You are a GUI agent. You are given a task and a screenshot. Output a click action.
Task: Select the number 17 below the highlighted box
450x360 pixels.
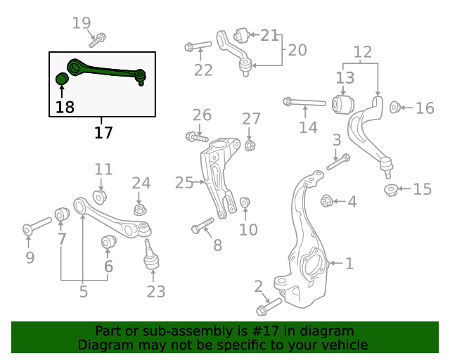pyautogui.click(x=103, y=132)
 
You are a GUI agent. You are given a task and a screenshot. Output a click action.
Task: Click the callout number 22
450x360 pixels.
pyautogui.click(x=203, y=69)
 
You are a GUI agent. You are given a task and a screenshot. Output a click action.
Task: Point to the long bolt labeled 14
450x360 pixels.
pyautogui.click(x=304, y=103)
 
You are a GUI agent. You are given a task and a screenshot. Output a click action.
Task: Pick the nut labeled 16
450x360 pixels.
pyautogui.click(x=395, y=108)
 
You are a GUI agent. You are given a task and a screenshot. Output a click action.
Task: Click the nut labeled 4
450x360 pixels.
pyautogui.click(x=326, y=201)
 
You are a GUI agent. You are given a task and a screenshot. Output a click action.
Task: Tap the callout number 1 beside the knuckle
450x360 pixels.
pyautogui.click(x=349, y=264)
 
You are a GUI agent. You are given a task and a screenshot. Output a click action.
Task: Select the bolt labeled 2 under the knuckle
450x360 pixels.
pyautogui.click(x=268, y=307)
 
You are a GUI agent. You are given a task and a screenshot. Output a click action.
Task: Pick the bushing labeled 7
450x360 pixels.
pyautogui.click(x=61, y=213)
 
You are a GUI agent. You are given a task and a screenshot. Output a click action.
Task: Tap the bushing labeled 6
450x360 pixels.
pyautogui.click(x=108, y=243)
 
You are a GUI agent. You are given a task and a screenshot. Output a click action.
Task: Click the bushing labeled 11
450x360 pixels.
pyautogui.click(x=100, y=195)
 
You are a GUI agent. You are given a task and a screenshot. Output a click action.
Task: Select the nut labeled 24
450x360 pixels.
pyautogui.click(x=140, y=209)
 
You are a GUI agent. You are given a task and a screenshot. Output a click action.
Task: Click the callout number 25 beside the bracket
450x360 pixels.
pyautogui.click(x=184, y=183)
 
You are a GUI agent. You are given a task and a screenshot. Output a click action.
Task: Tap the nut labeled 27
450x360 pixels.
pyautogui.click(x=250, y=146)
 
